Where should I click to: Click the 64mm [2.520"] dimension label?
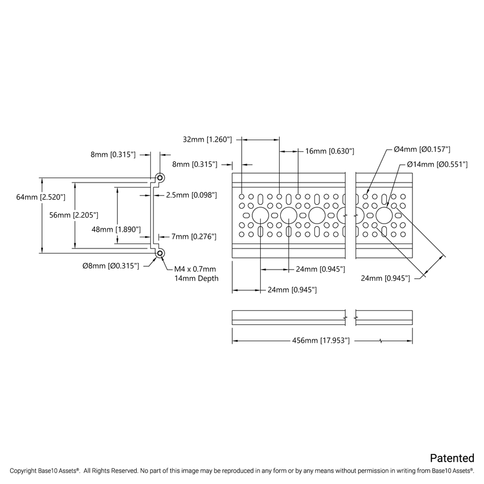41,197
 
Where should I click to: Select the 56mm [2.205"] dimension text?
74,214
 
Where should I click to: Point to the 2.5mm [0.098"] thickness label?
190,195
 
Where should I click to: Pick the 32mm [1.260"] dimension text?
207,140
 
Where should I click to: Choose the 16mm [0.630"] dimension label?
329,151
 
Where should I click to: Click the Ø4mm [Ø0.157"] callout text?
421,150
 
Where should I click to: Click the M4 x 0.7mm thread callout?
195,269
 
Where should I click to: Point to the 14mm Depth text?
197,278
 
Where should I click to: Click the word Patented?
452,458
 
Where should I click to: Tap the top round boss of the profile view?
160,178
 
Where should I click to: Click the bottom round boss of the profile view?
160,253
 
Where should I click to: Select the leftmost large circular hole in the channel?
261,215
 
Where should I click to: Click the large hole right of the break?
384,215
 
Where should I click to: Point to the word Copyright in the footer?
27,471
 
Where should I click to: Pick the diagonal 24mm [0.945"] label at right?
385,278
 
